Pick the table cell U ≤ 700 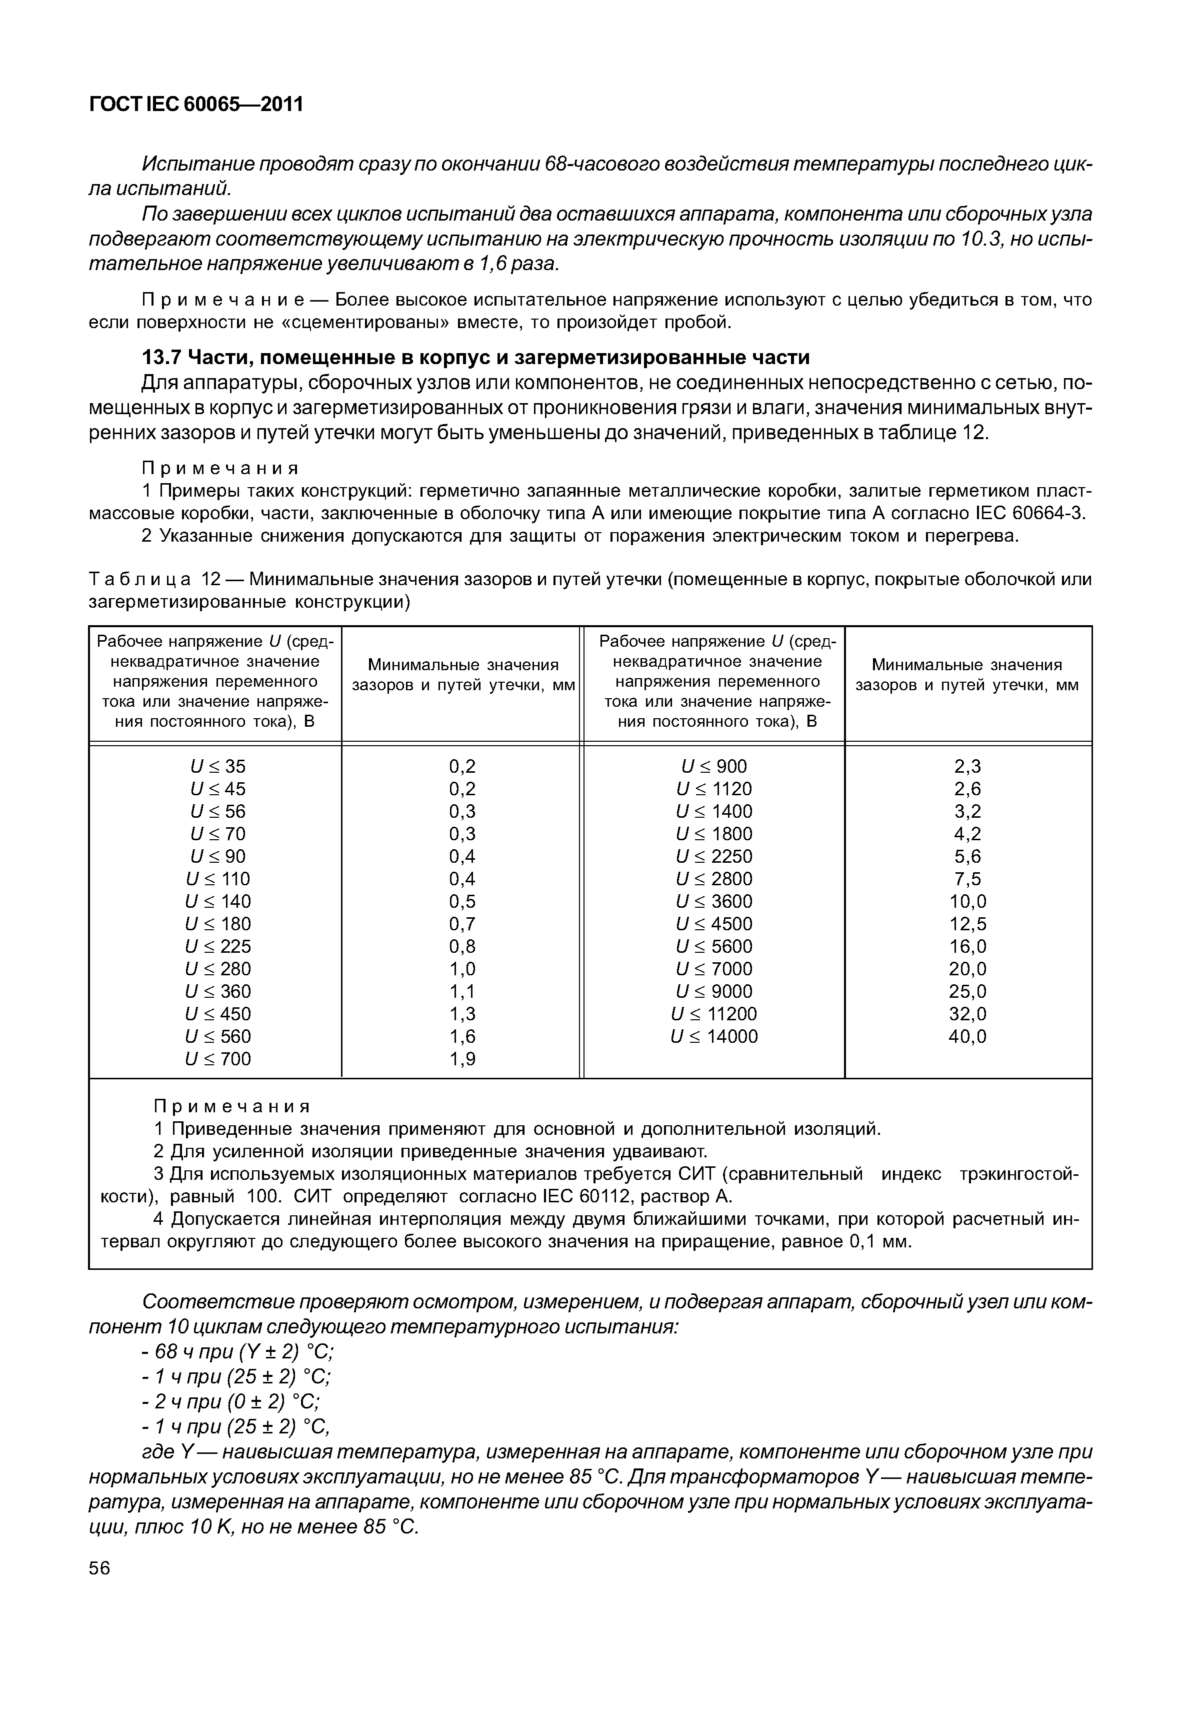(x=217, y=1059)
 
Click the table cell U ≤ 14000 (x=714, y=1036)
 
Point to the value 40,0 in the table (x=967, y=1036)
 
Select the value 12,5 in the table (x=967, y=924)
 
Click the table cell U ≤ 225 (x=217, y=947)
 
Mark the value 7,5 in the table (x=967, y=879)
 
